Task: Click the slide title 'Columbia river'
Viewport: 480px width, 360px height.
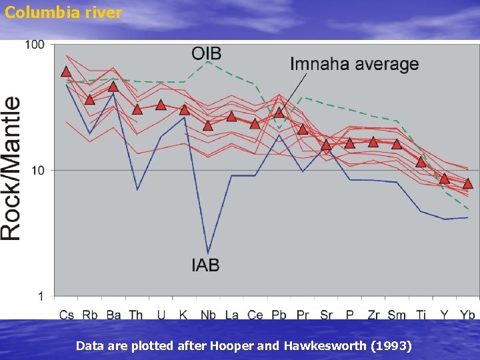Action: click(x=63, y=13)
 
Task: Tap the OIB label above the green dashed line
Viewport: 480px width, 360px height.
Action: click(x=206, y=53)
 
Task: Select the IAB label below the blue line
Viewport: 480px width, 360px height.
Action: click(x=205, y=265)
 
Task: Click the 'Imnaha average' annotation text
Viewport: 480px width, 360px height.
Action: click(x=354, y=64)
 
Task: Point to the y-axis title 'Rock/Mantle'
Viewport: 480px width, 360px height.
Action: click(x=11, y=169)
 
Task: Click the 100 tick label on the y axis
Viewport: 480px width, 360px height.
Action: click(x=35, y=45)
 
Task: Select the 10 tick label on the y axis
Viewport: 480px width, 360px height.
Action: click(x=38, y=171)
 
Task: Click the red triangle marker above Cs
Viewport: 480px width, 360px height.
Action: click(x=66, y=71)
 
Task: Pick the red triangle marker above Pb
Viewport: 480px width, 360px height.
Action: click(x=279, y=112)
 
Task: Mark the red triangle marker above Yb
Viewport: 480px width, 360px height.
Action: click(x=467, y=183)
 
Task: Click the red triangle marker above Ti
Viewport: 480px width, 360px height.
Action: click(x=421, y=162)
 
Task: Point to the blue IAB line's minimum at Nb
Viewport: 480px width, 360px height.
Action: click(x=208, y=253)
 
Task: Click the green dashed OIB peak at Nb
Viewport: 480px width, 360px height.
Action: click(x=208, y=61)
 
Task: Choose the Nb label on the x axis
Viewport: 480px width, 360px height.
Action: click(x=208, y=315)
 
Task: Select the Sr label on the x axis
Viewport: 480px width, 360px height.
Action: click(x=326, y=315)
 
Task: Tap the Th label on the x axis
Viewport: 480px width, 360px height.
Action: click(x=136, y=315)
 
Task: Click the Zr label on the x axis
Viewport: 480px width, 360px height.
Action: click(x=373, y=315)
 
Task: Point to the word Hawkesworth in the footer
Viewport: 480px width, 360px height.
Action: click(x=325, y=346)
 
